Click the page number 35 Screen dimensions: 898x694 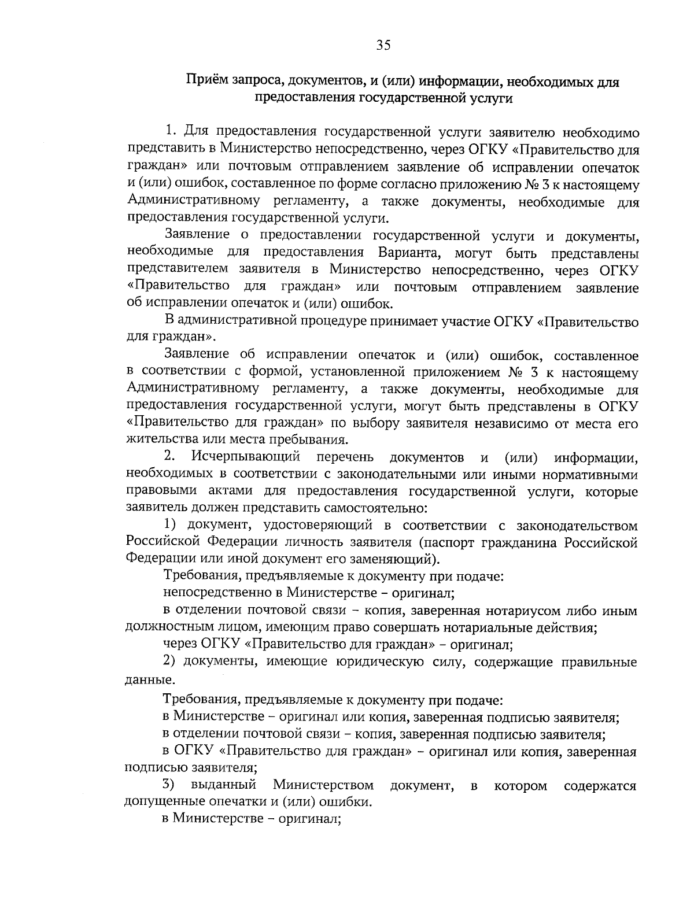coord(383,46)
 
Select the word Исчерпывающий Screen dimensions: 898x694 coord(246,458)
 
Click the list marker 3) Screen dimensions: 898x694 coord(168,785)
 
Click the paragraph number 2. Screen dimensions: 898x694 coord(169,458)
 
